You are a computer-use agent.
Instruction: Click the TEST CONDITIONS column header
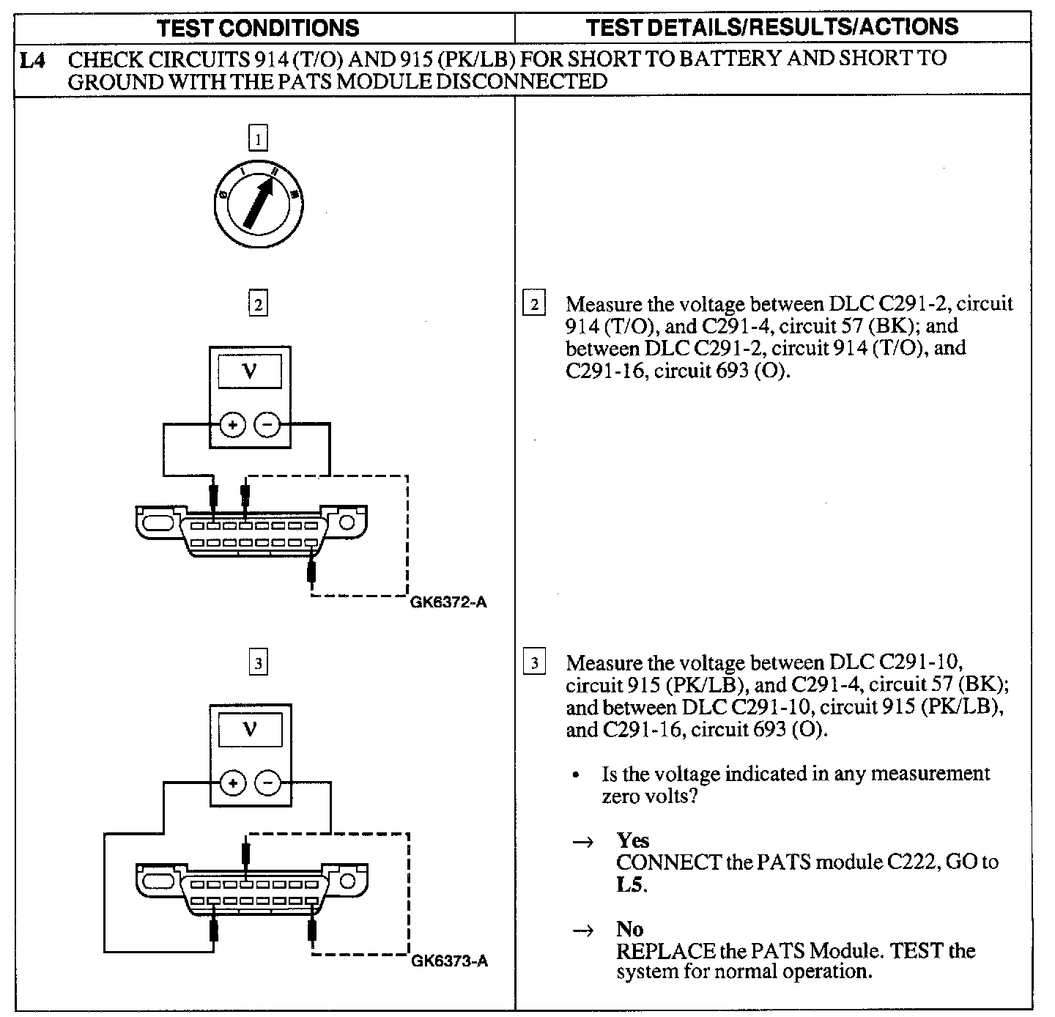coord(259,29)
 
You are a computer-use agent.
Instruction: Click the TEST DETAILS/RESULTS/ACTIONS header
coord(772,28)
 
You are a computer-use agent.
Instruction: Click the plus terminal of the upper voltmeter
coord(233,424)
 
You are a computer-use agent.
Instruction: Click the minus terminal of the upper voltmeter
coord(267,424)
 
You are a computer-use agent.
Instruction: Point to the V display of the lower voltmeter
coord(250,730)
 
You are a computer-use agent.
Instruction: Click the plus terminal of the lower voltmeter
coord(233,784)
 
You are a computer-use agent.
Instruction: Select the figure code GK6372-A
coord(449,603)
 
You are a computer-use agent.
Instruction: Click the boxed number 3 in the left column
coord(258,664)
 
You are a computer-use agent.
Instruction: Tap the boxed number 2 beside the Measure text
coord(534,304)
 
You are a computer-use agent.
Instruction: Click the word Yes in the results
coord(633,840)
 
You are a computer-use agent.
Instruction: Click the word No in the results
coord(629,930)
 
